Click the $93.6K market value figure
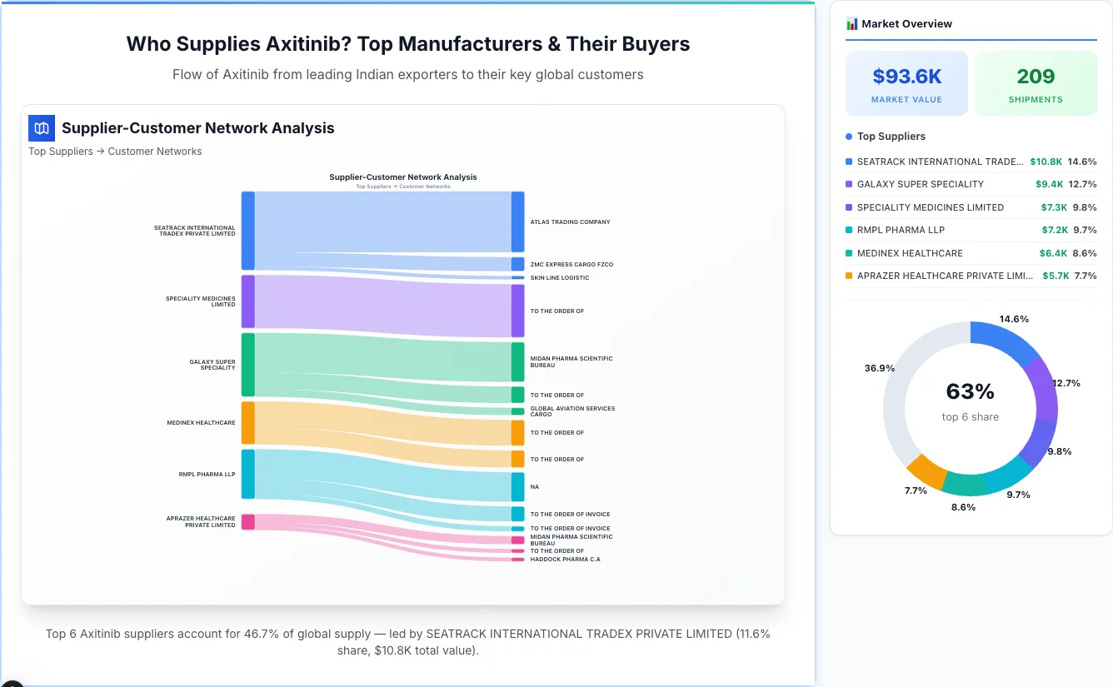click(x=906, y=77)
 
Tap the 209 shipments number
click(x=1036, y=77)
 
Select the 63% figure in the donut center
click(x=970, y=391)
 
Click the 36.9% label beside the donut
click(x=879, y=368)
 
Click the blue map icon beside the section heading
click(x=42, y=128)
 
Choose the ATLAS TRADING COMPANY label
click(x=570, y=222)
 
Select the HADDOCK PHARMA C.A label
click(x=565, y=560)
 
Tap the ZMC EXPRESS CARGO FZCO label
click(x=571, y=265)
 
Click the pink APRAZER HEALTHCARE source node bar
click(x=247, y=522)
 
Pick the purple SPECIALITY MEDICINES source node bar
click(x=247, y=301)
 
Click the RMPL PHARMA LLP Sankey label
click(x=207, y=475)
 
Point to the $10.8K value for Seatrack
click(x=1046, y=162)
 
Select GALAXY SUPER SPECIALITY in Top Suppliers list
click(x=920, y=185)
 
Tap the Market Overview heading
click(x=906, y=24)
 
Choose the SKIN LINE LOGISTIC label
click(x=559, y=278)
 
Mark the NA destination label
click(x=534, y=487)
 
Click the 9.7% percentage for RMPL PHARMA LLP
click(x=1085, y=231)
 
